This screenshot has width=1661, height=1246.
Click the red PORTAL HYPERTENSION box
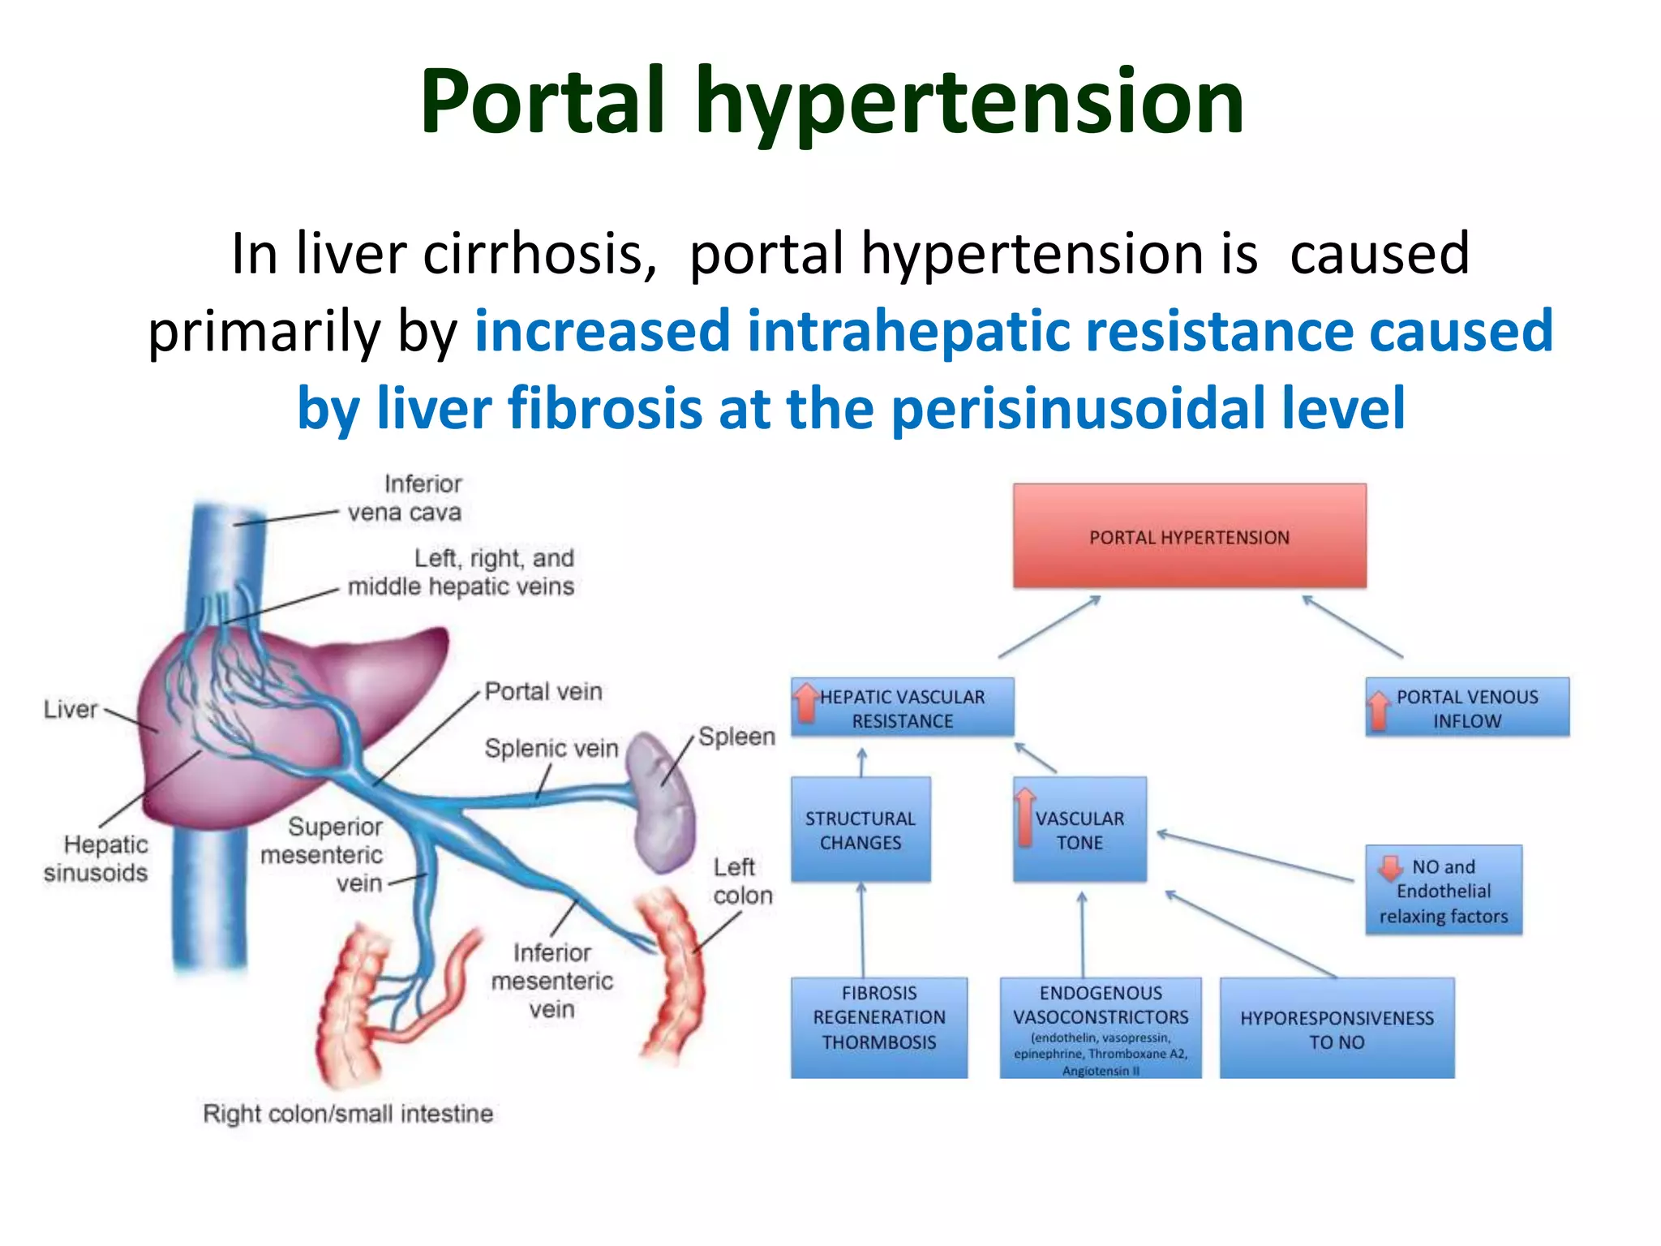pyautogui.click(x=1189, y=536)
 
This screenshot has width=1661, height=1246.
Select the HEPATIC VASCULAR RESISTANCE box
pyautogui.click(x=902, y=708)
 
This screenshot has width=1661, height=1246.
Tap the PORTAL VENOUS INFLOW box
pyautogui.click(x=1467, y=708)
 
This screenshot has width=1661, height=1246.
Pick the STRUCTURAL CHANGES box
pyautogui.click(x=861, y=830)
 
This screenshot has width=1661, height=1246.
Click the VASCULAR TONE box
pyautogui.click(x=1079, y=830)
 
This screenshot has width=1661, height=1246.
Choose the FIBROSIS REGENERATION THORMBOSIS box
pyautogui.click(x=879, y=1027)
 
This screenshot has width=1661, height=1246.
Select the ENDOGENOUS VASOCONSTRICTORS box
pyautogui.click(x=1101, y=1027)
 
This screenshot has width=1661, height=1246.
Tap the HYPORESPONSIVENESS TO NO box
pyautogui.click(x=1337, y=1029)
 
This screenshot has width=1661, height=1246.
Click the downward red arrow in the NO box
pyautogui.click(x=1390, y=868)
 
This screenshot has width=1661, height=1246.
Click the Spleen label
pyautogui.click(x=736, y=737)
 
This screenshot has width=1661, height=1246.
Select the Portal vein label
pyautogui.click(x=543, y=692)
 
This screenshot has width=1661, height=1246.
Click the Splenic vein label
pyautogui.click(x=551, y=748)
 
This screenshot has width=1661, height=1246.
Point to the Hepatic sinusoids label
pyautogui.click(x=96, y=858)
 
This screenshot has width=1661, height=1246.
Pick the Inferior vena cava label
pyautogui.click(x=405, y=498)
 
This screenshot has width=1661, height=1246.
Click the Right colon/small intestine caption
pyautogui.click(x=348, y=1114)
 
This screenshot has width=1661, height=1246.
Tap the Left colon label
pyautogui.click(x=742, y=881)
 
